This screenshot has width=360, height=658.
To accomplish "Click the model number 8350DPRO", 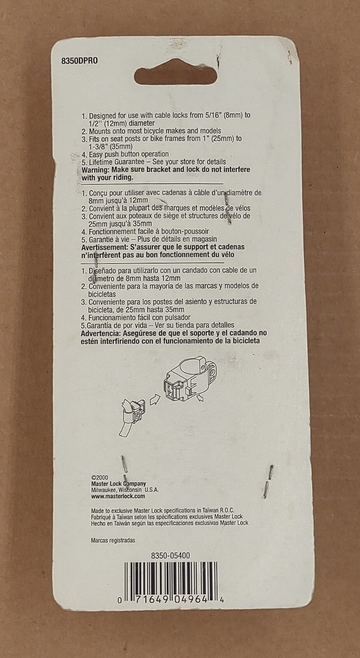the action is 79,61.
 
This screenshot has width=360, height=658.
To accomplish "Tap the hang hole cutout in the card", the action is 175,75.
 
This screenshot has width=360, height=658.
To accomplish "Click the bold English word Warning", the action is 96,170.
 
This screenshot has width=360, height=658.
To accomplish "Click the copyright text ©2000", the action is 99,478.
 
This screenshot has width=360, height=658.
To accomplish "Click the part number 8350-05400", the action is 170,555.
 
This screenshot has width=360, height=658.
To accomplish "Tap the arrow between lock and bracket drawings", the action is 155,399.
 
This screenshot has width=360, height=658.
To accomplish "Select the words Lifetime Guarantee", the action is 115,162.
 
